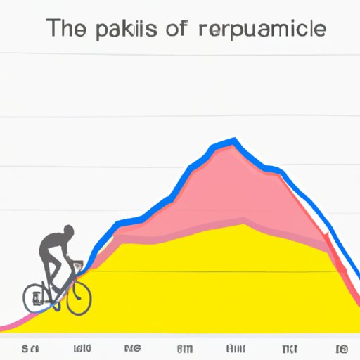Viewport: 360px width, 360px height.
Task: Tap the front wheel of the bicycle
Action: [x=79, y=300]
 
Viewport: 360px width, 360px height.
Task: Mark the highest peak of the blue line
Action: [x=234, y=142]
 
